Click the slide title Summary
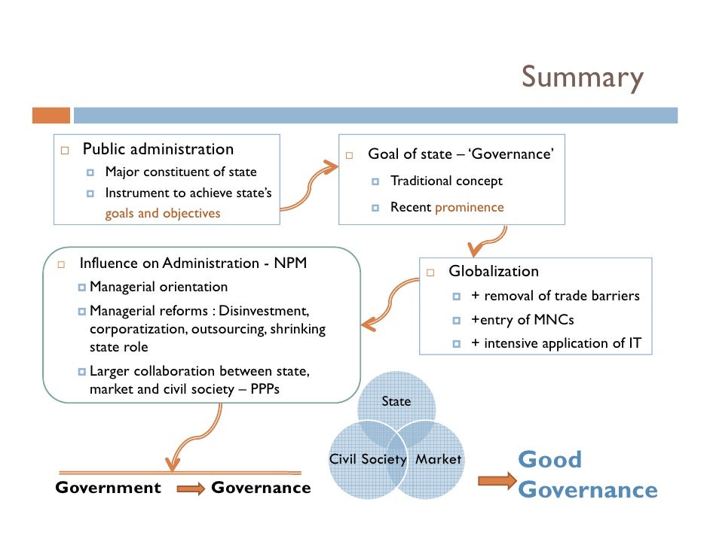[582, 78]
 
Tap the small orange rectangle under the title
[50, 115]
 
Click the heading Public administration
[158, 149]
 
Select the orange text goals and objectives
[163, 213]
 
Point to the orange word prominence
[469, 207]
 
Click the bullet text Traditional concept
[446, 181]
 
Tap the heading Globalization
[494, 271]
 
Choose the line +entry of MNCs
[522, 320]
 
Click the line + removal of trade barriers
[555, 296]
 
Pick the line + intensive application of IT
[557, 343]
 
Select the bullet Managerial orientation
[158, 287]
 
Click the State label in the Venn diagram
[396, 401]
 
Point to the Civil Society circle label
[368, 459]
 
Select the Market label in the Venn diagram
[438, 459]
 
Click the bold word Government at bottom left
[108, 488]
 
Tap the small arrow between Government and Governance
[190, 489]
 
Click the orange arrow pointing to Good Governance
[497, 480]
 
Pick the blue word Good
[549, 459]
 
